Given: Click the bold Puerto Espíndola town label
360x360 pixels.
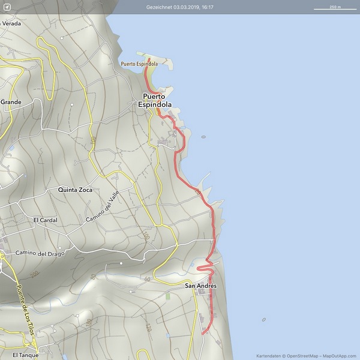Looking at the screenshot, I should coord(156,100).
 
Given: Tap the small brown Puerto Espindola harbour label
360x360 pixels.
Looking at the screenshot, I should coord(139,64).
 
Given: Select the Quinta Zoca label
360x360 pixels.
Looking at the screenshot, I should coord(75,190).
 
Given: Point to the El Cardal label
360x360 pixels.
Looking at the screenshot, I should coord(44,220).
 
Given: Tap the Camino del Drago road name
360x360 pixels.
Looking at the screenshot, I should coord(40,253).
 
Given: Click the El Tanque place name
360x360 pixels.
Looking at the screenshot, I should coord(25,355).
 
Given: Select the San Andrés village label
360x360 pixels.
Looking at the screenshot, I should coord(200,286).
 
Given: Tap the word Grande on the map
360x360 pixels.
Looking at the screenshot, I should coord(11,102).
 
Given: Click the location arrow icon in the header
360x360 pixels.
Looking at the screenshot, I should coord(7,7).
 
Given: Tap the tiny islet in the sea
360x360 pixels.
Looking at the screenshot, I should coord(203,137).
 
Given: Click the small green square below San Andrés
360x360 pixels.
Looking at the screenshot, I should coord(168,296).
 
